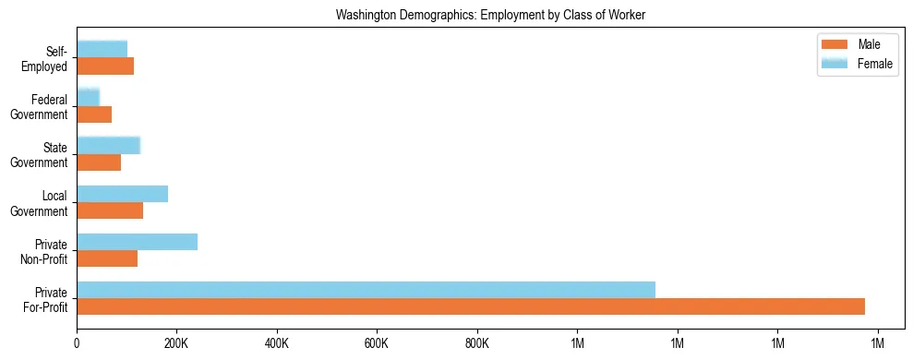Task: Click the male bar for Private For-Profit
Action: (471, 306)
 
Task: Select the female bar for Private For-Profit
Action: (366, 290)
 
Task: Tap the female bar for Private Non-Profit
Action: (137, 242)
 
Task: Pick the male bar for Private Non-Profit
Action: (107, 258)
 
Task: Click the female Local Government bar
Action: (122, 194)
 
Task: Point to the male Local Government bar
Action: (110, 210)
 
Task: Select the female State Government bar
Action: (108, 145)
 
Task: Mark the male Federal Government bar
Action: (94, 114)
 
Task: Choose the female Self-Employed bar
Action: (102, 49)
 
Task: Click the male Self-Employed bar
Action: (105, 66)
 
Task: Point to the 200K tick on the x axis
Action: (176, 343)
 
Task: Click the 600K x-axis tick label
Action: (377, 343)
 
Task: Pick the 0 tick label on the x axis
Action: (77, 343)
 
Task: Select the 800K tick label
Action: (476, 343)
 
